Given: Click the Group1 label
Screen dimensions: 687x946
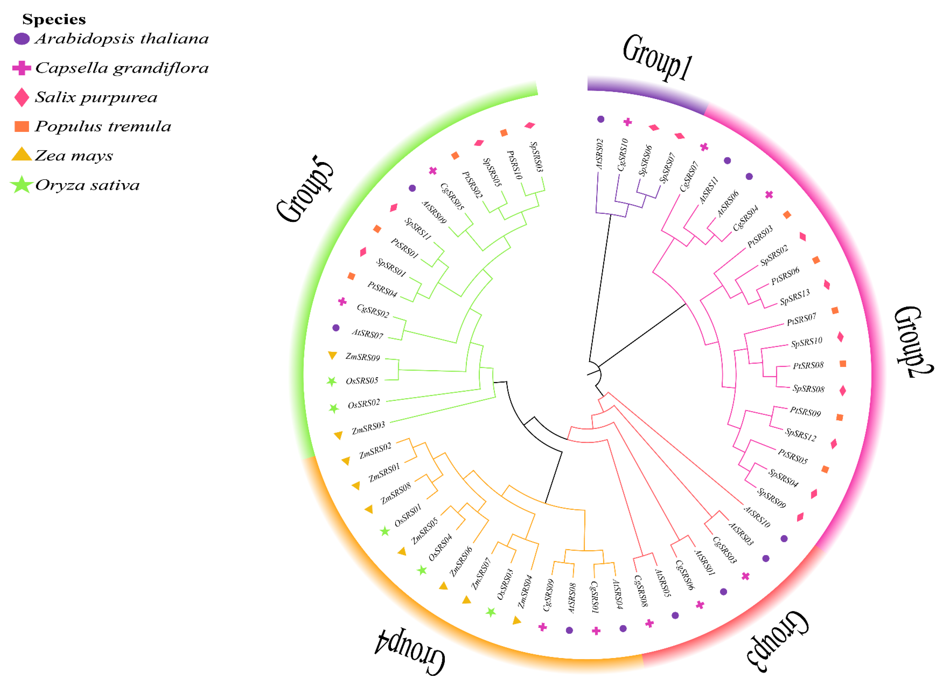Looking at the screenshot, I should click(x=657, y=58).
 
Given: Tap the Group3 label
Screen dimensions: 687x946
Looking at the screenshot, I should click(x=778, y=640).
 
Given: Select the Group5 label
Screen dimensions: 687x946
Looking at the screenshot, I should click(x=305, y=189).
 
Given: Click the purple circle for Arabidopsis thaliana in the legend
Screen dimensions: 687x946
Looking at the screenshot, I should click(x=22, y=39).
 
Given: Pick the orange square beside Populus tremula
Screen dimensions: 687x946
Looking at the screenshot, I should click(x=22, y=126).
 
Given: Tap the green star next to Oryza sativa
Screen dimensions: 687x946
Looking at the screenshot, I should click(x=22, y=185).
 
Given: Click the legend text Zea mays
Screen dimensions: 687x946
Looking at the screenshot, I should click(x=74, y=156).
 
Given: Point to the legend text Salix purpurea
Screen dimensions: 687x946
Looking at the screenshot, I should click(x=96, y=98).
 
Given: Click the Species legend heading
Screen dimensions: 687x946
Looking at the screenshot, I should click(x=54, y=19).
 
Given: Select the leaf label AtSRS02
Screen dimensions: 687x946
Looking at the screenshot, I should click(x=600, y=154).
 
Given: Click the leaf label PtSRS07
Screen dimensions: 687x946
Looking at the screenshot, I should click(x=801, y=320).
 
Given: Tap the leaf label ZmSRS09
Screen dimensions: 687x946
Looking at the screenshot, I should click(x=362, y=357).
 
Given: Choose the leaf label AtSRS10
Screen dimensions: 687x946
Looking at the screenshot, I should click(x=757, y=517).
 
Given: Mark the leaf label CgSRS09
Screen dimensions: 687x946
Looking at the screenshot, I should click(x=548, y=595).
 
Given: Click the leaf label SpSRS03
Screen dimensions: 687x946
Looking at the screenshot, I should click(x=536, y=157).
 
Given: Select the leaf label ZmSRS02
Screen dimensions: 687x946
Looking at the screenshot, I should click(x=375, y=451).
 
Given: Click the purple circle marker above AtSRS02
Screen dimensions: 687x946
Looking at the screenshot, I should click(x=601, y=119).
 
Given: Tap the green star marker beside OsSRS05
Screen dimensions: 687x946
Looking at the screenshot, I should click(x=331, y=381).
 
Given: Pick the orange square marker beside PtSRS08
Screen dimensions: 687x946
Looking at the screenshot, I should click(x=842, y=364).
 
